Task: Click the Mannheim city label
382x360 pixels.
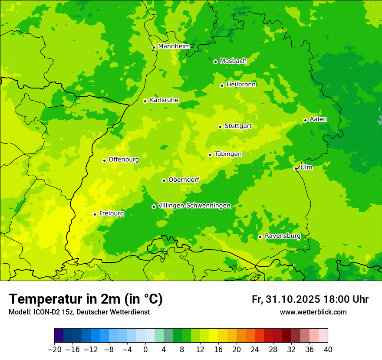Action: pyautogui.click(x=174, y=46)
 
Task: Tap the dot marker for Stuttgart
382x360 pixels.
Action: pyautogui.click(x=220, y=127)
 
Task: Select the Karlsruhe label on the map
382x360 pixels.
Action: pyautogui.click(x=164, y=100)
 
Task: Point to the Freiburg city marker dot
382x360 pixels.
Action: pyautogui.click(x=95, y=214)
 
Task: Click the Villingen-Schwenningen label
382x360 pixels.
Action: pyautogui.click(x=194, y=206)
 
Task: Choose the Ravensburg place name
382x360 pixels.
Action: pyautogui.click(x=282, y=236)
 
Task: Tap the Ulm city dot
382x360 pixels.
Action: pyautogui.click(x=296, y=168)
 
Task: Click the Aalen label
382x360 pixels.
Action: pyautogui.click(x=318, y=119)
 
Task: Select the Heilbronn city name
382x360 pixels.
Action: pyautogui.click(x=241, y=85)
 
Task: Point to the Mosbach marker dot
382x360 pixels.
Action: pyautogui.click(x=215, y=62)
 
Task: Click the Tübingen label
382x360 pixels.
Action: pyautogui.click(x=228, y=154)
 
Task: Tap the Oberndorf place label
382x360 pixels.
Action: pyautogui.click(x=184, y=180)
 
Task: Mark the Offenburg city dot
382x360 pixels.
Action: pyautogui.click(x=104, y=160)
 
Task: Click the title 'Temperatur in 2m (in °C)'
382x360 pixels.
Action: pyautogui.click(x=86, y=299)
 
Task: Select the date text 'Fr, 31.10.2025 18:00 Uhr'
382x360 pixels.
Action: pyautogui.click(x=310, y=299)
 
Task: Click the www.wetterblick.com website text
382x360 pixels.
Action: pyautogui.click(x=313, y=312)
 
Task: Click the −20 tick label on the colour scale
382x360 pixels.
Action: pyautogui.click(x=54, y=350)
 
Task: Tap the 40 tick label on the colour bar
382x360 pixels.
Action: pyautogui.click(x=328, y=350)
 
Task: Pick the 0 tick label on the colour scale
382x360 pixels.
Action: pyautogui.click(x=145, y=350)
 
